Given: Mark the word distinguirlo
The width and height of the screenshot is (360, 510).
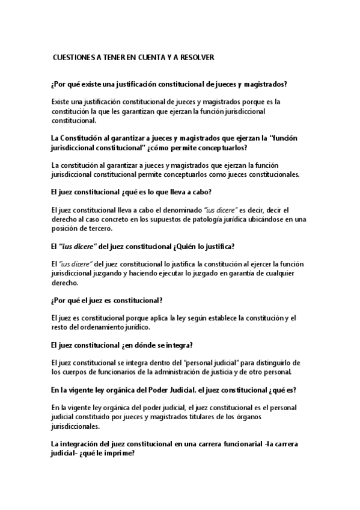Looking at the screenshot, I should (275, 362).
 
